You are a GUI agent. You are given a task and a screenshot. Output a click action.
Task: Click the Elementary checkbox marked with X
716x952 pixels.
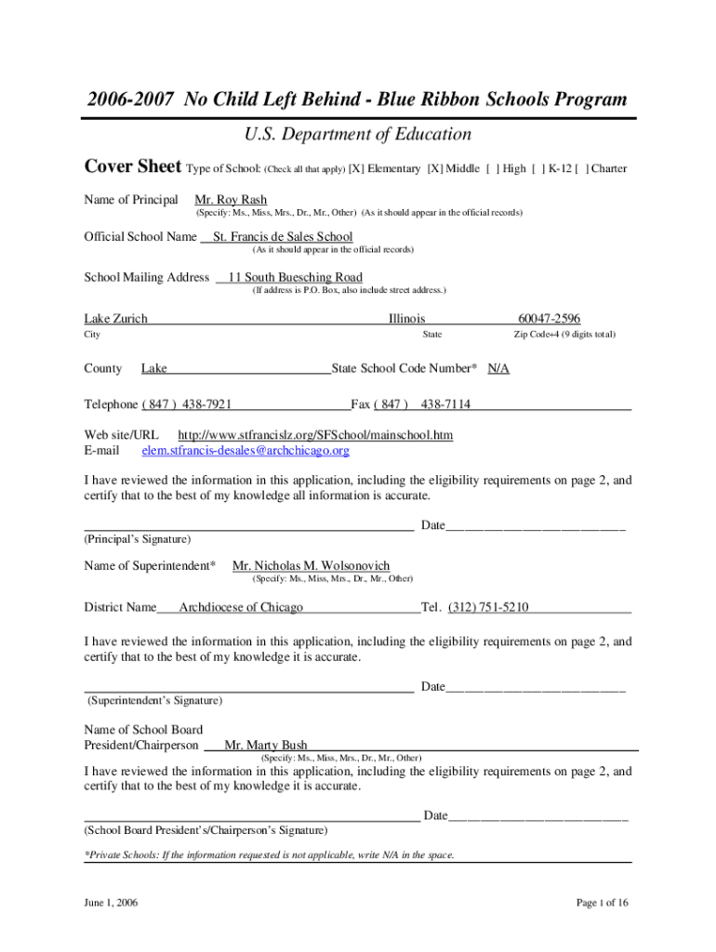click(356, 169)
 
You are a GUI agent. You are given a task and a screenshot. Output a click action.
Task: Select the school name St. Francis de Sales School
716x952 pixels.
click(283, 237)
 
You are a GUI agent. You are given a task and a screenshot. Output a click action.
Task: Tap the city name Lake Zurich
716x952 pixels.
click(116, 319)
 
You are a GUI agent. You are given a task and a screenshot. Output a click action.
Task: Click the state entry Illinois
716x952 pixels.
click(406, 319)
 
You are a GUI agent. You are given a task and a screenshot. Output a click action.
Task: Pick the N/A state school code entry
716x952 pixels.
click(498, 369)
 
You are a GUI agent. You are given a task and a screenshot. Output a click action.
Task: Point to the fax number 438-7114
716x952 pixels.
click(445, 404)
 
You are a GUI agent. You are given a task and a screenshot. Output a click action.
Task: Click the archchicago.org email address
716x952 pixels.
click(245, 451)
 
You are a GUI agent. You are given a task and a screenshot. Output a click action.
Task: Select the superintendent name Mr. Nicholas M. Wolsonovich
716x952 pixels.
click(311, 566)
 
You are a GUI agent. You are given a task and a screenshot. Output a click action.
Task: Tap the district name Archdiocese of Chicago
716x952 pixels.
click(241, 607)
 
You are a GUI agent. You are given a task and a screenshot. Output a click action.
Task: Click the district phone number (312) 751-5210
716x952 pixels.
click(488, 607)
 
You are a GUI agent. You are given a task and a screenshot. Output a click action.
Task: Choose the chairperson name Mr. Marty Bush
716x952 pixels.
click(266, 746)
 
